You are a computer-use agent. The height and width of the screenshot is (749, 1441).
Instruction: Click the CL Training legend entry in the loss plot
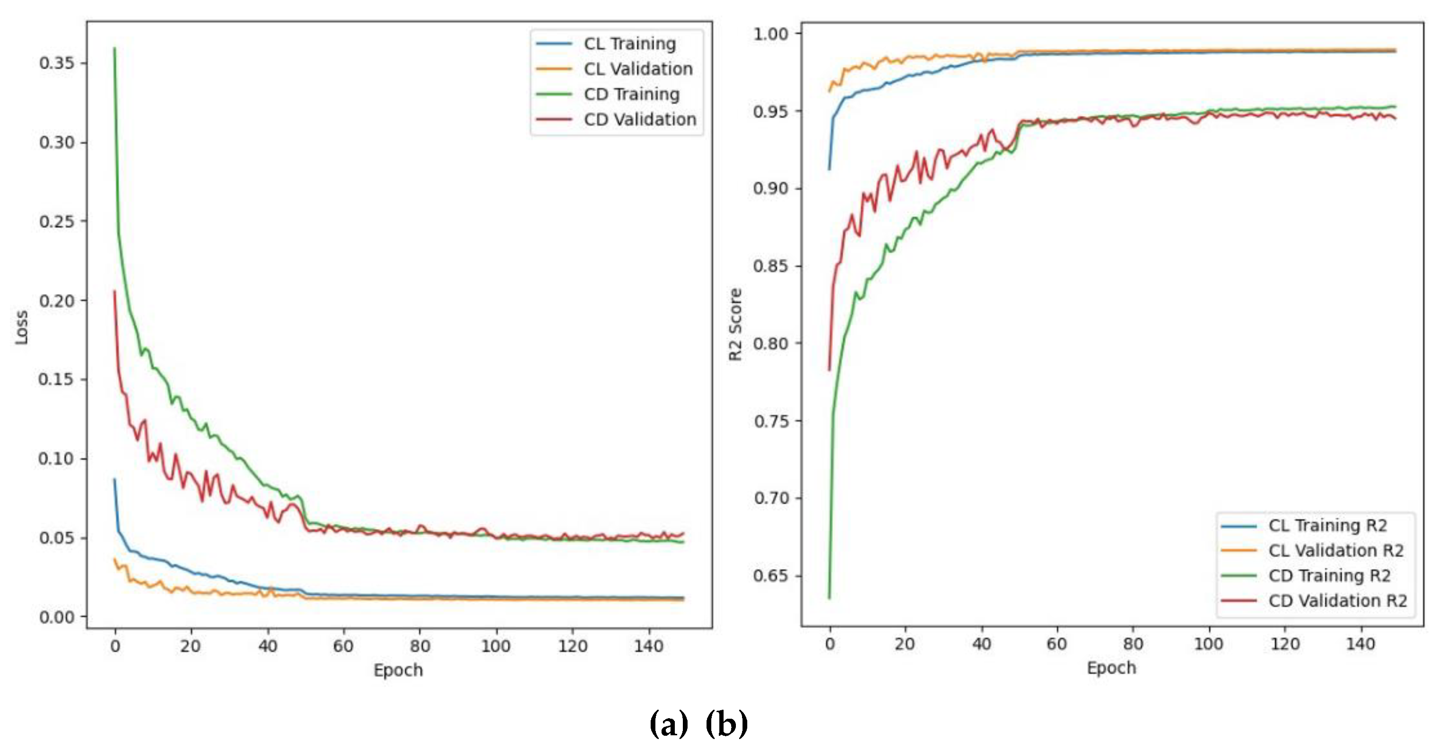(629, 44)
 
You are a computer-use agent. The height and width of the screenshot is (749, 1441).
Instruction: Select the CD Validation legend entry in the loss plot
(639, 119)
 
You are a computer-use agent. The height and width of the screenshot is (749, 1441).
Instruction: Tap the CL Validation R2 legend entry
(1335, 551)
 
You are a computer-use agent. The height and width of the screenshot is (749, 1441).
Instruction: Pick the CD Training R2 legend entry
(1329, 576)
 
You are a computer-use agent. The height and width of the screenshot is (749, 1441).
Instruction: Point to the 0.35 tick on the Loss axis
(56, 63)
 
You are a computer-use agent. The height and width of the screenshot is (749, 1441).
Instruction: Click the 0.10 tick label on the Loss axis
(56, 459)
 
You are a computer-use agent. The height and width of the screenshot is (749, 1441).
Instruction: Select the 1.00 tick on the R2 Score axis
(771, 34)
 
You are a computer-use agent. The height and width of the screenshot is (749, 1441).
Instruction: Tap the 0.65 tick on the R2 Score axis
(771, 576)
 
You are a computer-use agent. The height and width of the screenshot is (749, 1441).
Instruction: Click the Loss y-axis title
(22, 327)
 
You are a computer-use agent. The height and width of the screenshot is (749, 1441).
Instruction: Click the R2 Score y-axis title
(735, 324)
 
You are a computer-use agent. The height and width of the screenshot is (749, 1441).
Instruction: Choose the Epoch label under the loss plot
(398, 670)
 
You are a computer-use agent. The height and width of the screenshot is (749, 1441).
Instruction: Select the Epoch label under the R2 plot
(1111, 668)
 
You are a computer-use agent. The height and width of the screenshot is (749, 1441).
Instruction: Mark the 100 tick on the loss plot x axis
(496, 646)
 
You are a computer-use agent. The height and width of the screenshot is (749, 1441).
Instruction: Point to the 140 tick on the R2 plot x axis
(1360, 644)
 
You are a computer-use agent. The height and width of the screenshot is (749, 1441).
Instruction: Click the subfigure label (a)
(669, 724)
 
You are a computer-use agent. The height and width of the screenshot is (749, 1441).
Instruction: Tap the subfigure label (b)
(726, 724)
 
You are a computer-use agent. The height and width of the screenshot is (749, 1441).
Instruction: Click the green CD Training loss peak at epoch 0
(115, 49)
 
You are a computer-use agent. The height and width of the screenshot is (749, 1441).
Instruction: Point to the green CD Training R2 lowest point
(829, 598)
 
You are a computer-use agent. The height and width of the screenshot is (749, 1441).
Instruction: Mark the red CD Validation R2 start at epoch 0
(829, 370)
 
